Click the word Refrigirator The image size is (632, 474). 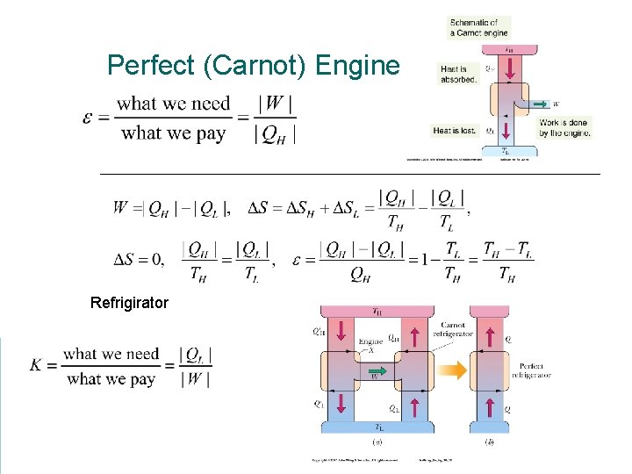click(x=129, y=303)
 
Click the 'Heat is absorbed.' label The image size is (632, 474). click(x=459, y=73)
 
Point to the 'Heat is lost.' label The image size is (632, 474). click(x=454, y=131)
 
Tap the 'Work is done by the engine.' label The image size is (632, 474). click(x=564, y=127)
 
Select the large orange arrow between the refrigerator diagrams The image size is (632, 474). click(x=449, y=372)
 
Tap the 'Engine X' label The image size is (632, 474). click(x=371, y=344)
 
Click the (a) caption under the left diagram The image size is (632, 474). click(x=376, y=442)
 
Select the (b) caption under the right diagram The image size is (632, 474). click(x=488, y=442)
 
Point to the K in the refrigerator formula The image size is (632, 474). click(x=38, y=364)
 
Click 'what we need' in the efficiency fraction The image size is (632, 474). click(x=174, y=104)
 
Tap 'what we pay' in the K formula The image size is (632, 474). click(x=111, y=379)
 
